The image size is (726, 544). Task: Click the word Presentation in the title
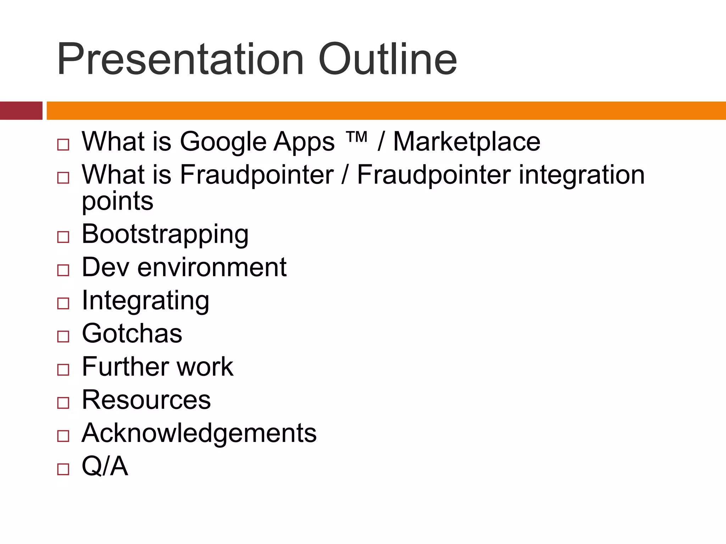pyautogui.click(x=180, y=59)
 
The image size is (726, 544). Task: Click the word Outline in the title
pyautogui.click(x=387, y=59)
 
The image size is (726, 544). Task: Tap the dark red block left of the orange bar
pyautogui.click(x=21, y=110)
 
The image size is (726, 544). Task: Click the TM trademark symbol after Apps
pyautogui.click(x=356, y=136)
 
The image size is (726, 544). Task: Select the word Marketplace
pyautogui.click(x=467, y=142)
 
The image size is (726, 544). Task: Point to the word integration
pyautogui.click(x=581, y=175)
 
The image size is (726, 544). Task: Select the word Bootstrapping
pyautogui.click(x=165, y=235)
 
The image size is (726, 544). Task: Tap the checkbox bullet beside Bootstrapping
pyautogui.click(x=63, y=237)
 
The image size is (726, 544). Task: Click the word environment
pyautogui.click(x=212, y=267)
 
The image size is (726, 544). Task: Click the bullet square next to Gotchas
pyautogui.click(x=63, y=336)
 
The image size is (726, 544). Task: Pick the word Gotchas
pyautogui.click(x=132, y=334)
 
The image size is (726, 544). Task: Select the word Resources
pyautogui.click(x=146, y=400)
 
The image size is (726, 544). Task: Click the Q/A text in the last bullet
pyautogui.click(x=105, y=466)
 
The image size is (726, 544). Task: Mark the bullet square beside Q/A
pyautogui.click(x=63, y=469)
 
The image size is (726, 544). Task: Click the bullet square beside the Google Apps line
pyautogui.click(x=63, y=144)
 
